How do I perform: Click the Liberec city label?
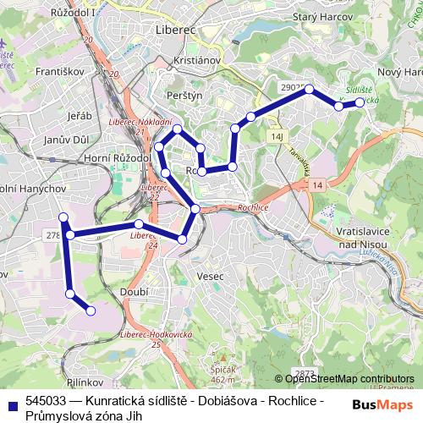click(x=176, y=30)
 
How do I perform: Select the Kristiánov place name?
click(x=195, y=62)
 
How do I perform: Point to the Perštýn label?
click(x=184, y=96)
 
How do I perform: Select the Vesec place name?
click(x=209, y=277)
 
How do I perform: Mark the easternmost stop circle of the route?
click(x=360, y=102)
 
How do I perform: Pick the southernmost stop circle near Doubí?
click(x=91, y=311)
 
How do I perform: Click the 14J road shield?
click(x=276, y=135)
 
